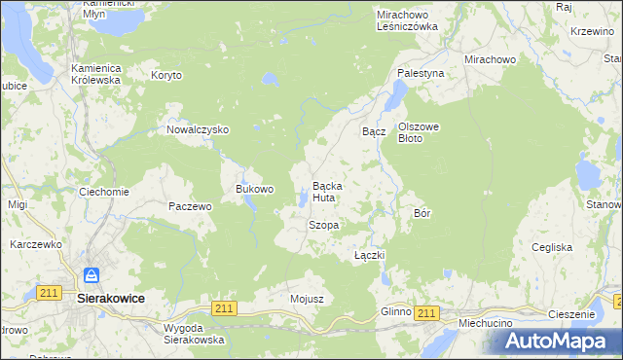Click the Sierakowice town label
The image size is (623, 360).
(110, 300)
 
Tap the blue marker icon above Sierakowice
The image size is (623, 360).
(91, 277)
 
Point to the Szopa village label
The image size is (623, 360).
(323, 225)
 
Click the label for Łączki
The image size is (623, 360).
(370, 255)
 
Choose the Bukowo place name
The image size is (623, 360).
(255, 189)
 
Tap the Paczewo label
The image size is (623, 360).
(190, 206)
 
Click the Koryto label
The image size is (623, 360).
(166, 75)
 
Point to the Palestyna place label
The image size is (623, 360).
(421, 73)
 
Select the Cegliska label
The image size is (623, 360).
(552, 248)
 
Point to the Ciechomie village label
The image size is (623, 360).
(104, 192)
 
